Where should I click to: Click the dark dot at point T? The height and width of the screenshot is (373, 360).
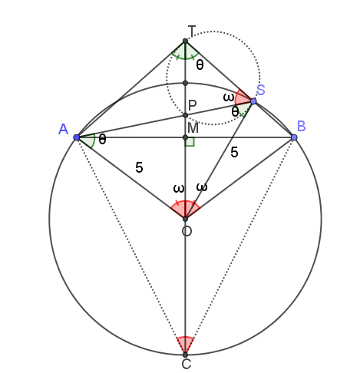click(186, 41)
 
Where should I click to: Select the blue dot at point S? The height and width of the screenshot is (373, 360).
click(253, 101)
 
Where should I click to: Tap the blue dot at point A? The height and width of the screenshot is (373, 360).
click(76, 137)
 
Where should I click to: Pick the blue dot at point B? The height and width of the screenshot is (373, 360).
click(294, 137)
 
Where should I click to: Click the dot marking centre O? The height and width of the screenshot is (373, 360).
click(186, 219)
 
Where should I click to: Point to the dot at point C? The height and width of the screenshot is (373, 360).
click(186, 355)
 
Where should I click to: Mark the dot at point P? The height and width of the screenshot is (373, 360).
click(186, 115)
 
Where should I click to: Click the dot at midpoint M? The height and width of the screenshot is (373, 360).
click(186, 137)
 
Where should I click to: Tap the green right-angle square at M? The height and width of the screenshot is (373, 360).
click(190, 142)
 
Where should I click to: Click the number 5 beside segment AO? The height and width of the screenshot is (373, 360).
click(139, 168)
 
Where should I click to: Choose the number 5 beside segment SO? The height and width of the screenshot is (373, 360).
click(234, 153)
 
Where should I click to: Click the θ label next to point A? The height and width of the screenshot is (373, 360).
click(102, 140)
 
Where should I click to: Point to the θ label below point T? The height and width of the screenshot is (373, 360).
click(200, 65)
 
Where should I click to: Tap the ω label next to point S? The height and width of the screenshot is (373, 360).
click(228, 97)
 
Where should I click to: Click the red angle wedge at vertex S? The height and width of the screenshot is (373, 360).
click(243, 97)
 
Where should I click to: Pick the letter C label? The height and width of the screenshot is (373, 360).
click(187, 364)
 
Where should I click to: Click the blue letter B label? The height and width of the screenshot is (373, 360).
click(302, 126)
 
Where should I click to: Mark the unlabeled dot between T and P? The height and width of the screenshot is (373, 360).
click(186, 83)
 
